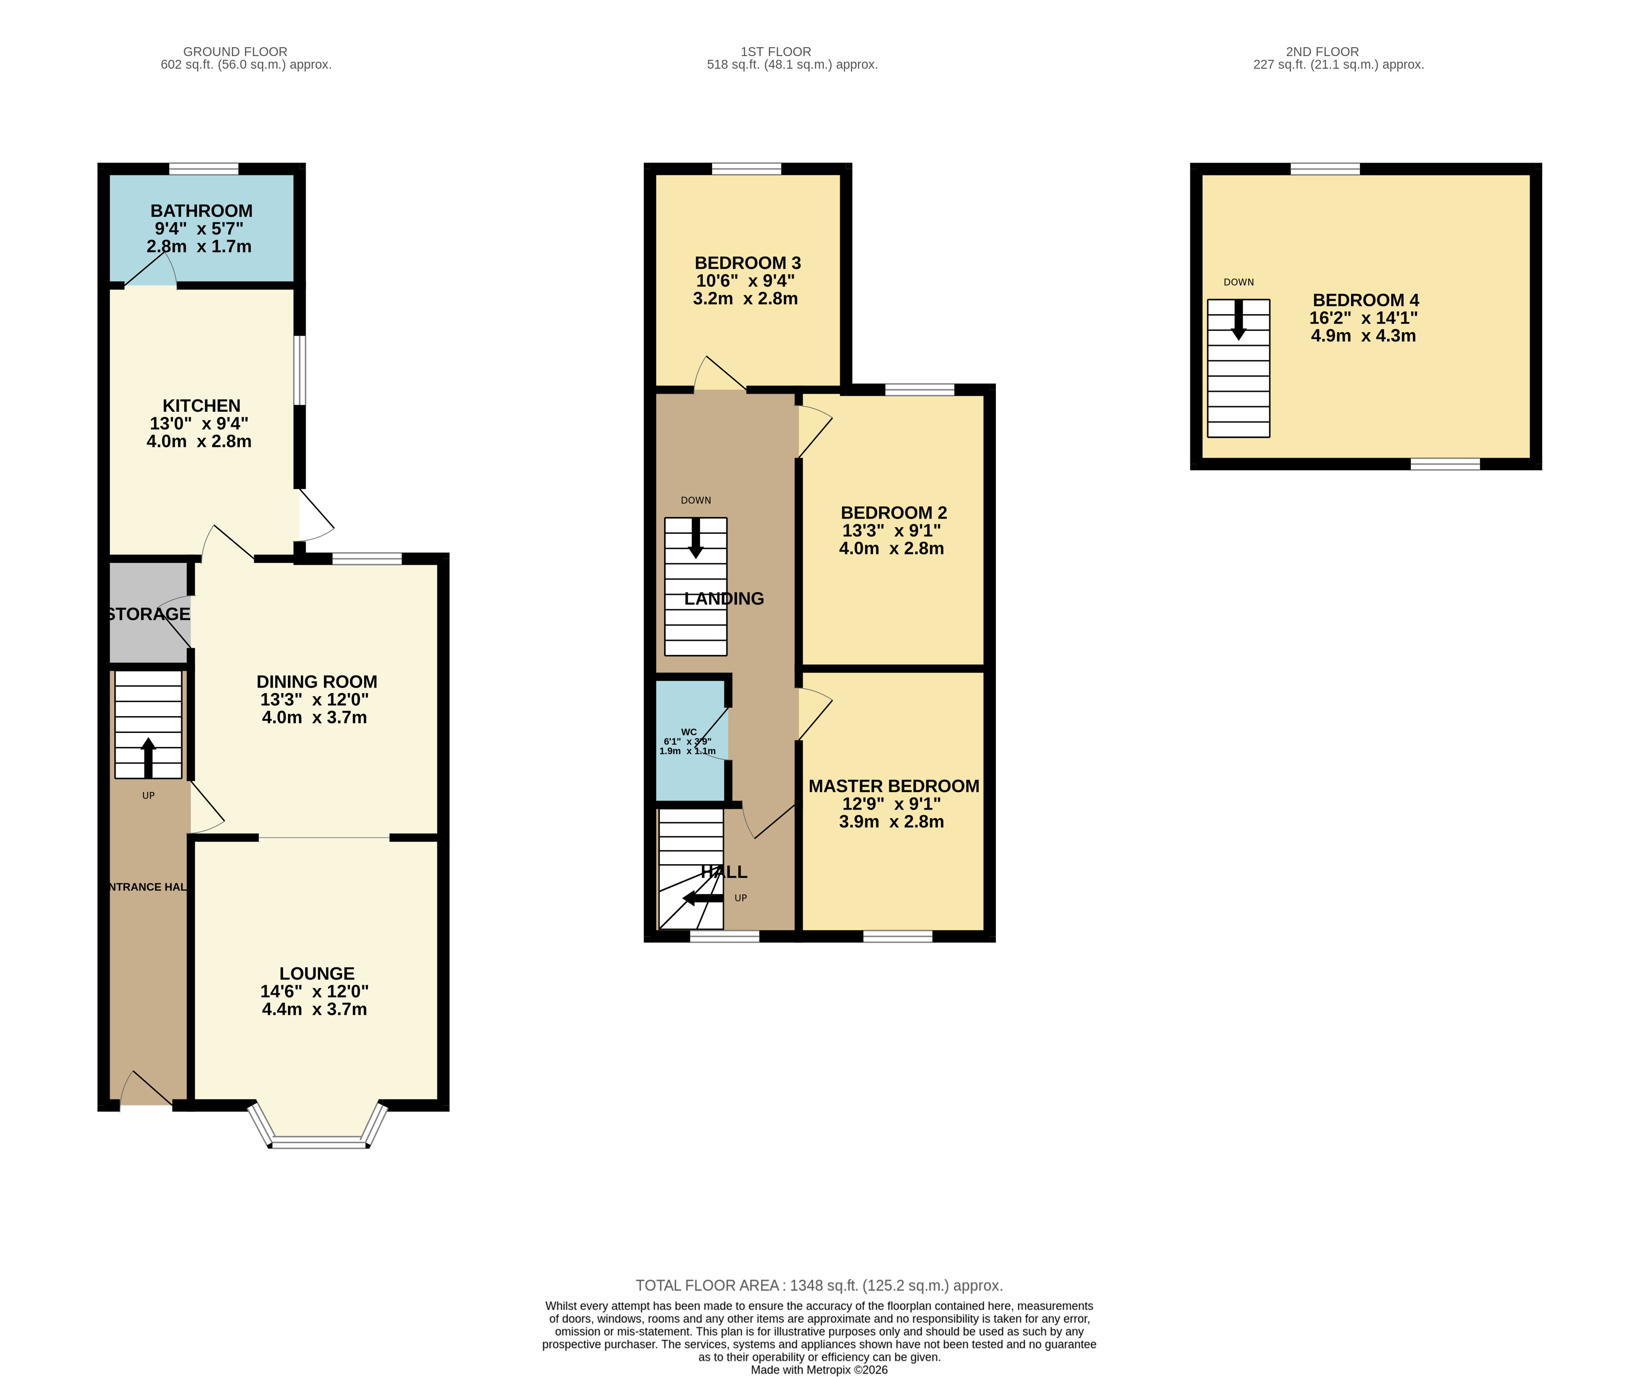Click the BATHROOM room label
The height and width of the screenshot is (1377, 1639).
tap(201, 211)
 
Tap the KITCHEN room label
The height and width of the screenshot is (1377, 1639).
tap(201, 406)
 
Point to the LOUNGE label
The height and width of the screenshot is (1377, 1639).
tap(317, 974)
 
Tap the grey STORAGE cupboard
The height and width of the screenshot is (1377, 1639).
tap(148, 614)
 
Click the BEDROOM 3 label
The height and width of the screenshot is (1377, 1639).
tap(748, 263)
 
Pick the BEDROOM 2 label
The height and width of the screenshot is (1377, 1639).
tap(894, 513)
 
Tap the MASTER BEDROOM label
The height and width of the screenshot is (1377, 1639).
tap(894, 786)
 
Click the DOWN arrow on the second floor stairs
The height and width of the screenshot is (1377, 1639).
tap(1238, 320)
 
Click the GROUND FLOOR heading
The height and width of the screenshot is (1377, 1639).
tap(235, 51)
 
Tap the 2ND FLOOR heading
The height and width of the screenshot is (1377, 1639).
tap(1322, 51)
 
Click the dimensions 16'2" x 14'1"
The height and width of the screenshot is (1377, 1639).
tap(1363, 318)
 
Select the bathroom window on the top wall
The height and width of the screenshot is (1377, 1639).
tap(204, 169)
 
